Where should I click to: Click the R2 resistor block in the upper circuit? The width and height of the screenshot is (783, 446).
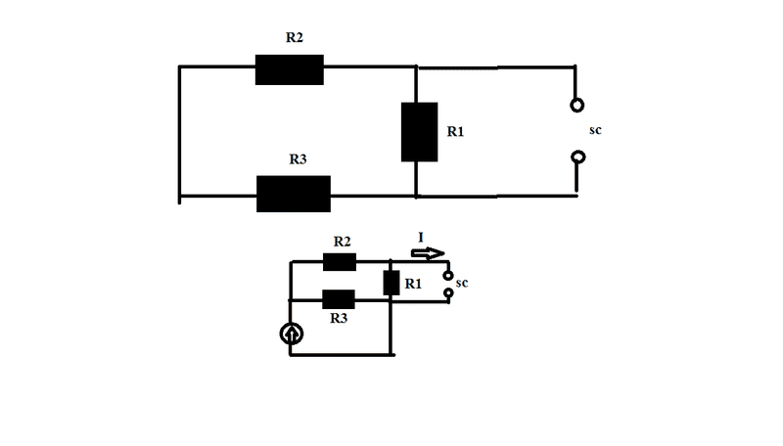[x=289, y=69]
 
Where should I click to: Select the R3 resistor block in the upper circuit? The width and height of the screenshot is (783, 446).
[x=293, y=194]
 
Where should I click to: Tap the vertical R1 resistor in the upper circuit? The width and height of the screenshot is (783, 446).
[x=419, y=132]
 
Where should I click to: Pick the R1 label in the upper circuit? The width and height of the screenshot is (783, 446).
[x=455, y=131]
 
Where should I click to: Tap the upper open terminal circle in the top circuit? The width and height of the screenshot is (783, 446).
[x=578, y=105]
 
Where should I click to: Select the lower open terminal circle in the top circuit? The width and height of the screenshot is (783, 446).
[x=578, y=156]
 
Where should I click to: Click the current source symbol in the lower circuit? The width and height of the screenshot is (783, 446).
[x=292, y=334]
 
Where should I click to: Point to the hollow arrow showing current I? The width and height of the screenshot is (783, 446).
[x=428, y=253]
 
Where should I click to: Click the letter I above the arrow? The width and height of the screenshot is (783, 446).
[x=420, y=238]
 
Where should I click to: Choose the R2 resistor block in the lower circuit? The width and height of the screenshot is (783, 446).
[x=340, y=262]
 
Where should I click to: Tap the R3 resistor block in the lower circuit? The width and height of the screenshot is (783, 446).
[x=338, y=299]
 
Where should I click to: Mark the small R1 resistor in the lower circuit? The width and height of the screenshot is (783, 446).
[x=391, y=284]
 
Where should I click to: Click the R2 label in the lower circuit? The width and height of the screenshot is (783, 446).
[x=343, y=241]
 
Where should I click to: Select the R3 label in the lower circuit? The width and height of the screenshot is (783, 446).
[x=339, y=319]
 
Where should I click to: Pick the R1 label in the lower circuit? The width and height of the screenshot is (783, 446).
[x=414, y=285]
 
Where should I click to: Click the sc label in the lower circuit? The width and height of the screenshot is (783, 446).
[x=464, y=283]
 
